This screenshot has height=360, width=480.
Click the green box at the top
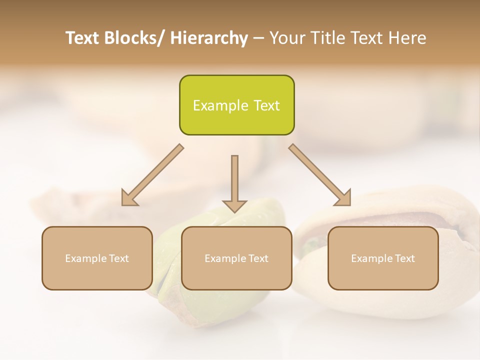click(236, 90)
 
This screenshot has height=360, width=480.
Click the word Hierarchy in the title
click(209, 38)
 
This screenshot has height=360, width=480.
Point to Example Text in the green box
click(236, 105)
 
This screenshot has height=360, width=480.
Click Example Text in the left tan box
click(97, 258)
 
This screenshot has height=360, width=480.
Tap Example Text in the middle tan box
click(236, 258)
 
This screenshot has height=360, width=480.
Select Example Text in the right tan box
click(383, 258)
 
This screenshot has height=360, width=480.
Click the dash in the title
click(258, 38)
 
